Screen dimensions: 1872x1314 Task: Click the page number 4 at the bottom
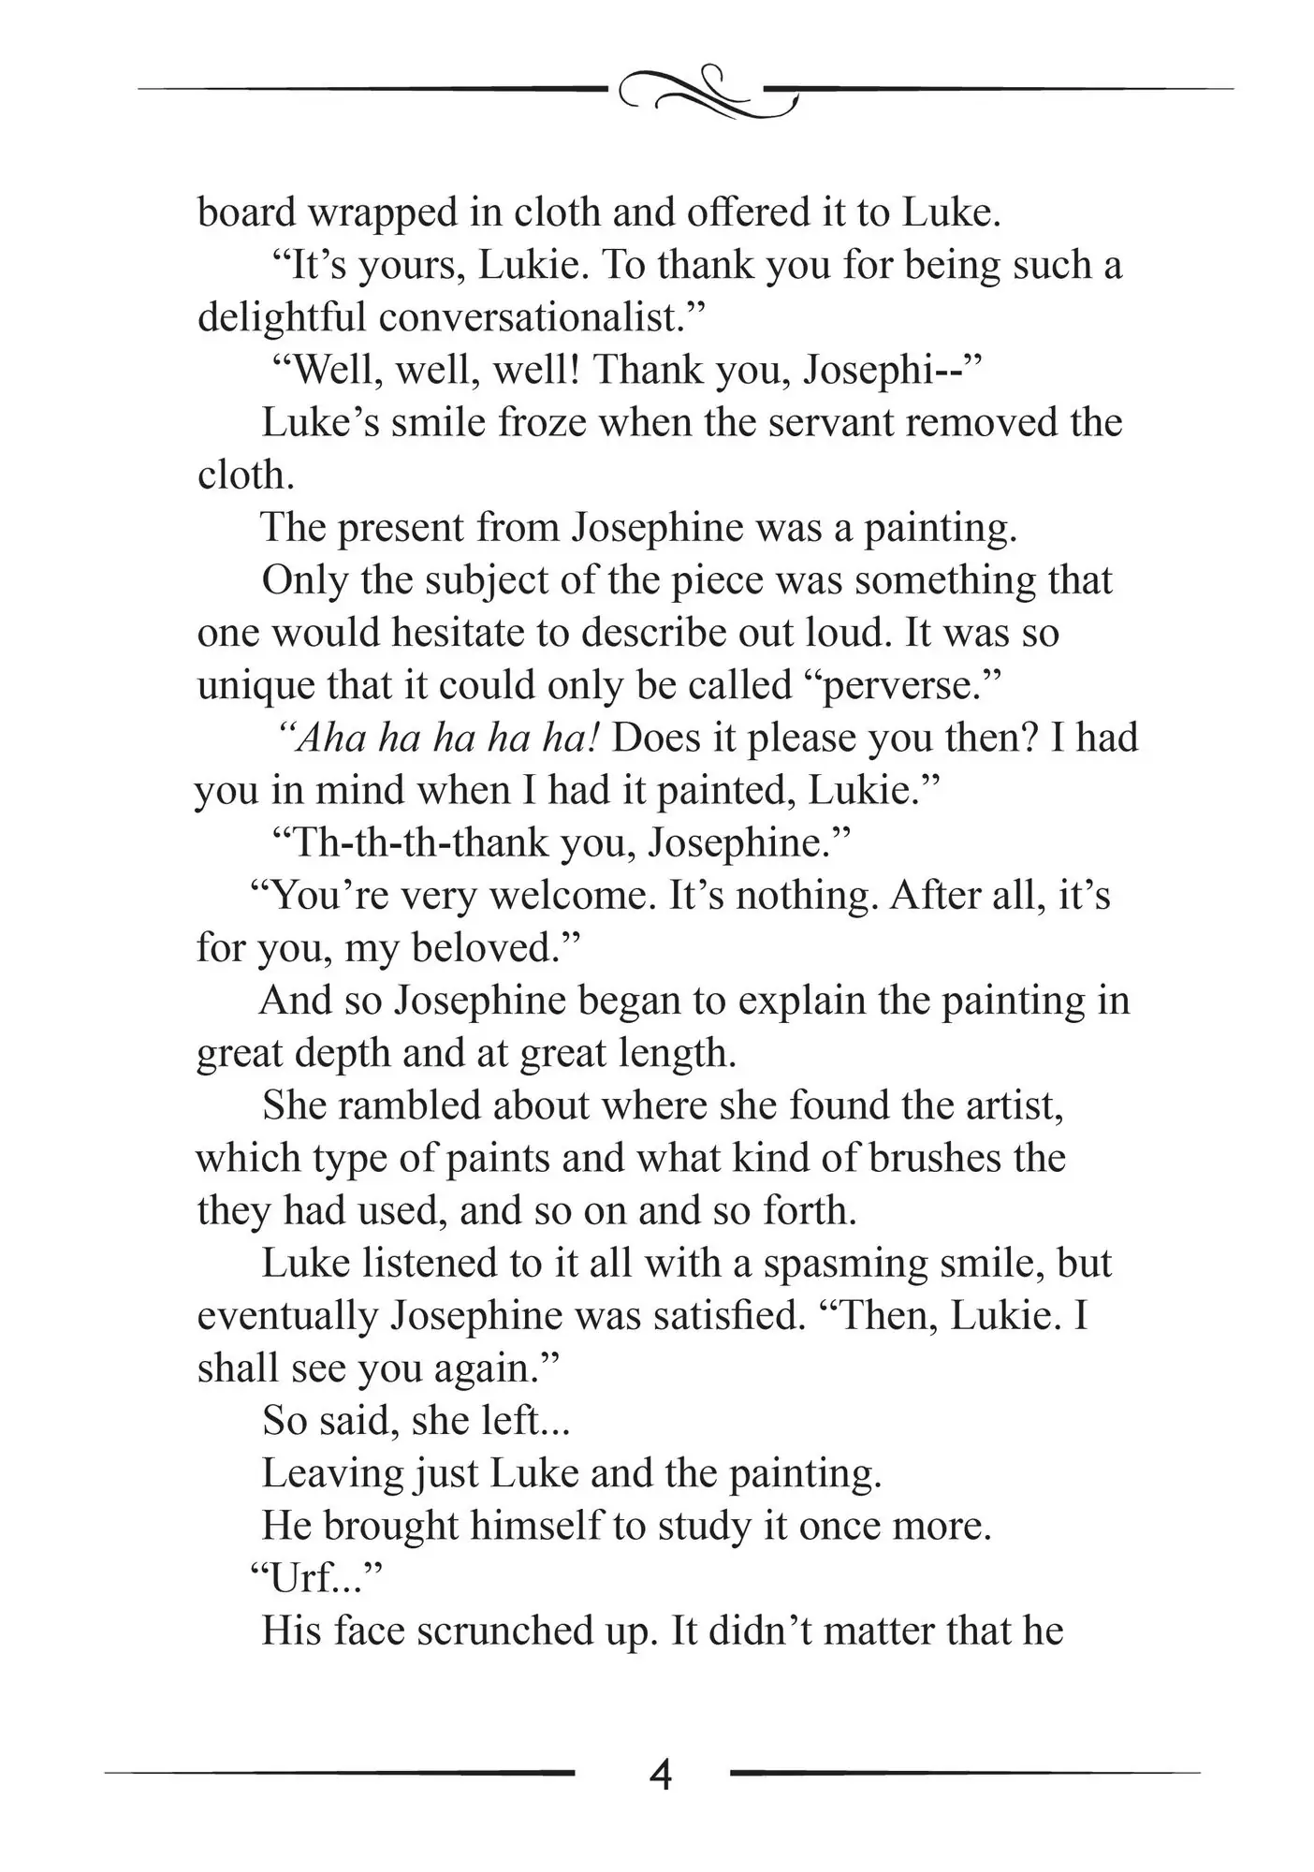pos(660,1774)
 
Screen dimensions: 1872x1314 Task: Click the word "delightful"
pos(281,318)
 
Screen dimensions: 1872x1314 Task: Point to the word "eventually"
pos(286,1315)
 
